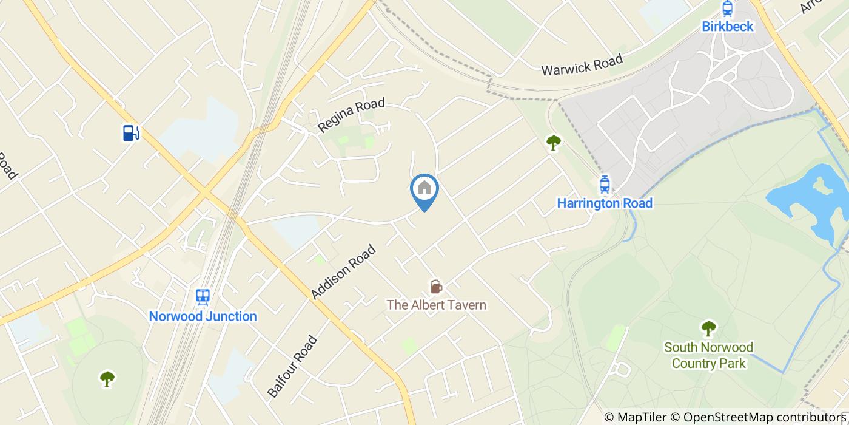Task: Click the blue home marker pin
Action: click(424, 189)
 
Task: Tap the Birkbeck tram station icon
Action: click(727, 8)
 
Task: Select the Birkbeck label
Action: click(727, 26)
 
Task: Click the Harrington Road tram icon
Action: click(604, 184)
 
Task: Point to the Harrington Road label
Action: click(605, 203)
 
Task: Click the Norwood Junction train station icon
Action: click(203, 297)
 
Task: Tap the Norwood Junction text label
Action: click(203, 316)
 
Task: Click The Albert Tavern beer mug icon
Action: click(435, 286)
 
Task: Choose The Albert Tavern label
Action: click(437, 305)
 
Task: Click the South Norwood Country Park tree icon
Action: click(708, 328)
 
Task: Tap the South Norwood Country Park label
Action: click(708, 355)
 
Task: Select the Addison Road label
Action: click(343, 271)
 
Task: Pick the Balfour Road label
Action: click(292, 366)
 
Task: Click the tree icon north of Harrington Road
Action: click(553, 143)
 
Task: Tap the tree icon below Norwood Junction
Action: click(107, 379)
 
